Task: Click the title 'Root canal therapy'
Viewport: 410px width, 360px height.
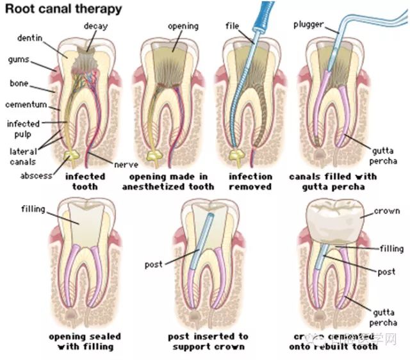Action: (64, 10)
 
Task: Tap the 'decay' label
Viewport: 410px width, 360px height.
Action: (95, 26)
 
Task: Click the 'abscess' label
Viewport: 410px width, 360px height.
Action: (35, 174)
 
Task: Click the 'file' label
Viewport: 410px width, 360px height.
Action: (232, 26)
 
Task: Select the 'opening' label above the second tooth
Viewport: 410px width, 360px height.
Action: (181, 26)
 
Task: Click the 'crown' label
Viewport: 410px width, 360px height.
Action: (386, 211)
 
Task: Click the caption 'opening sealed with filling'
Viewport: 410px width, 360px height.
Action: (85, 341)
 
